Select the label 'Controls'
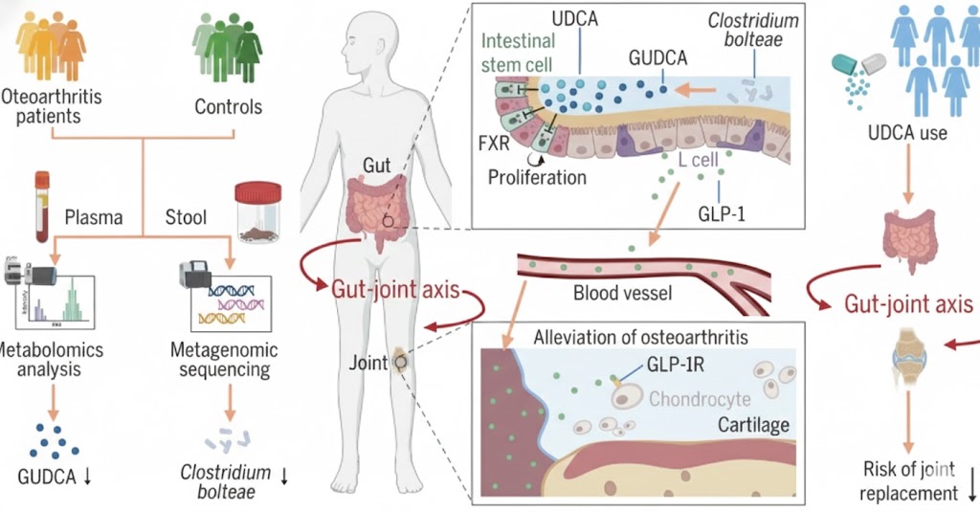click(228, 106)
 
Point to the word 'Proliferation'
click(536, 177)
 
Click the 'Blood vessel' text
click(622, 293)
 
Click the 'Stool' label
click(185, 217)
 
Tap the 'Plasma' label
click(94, 217)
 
